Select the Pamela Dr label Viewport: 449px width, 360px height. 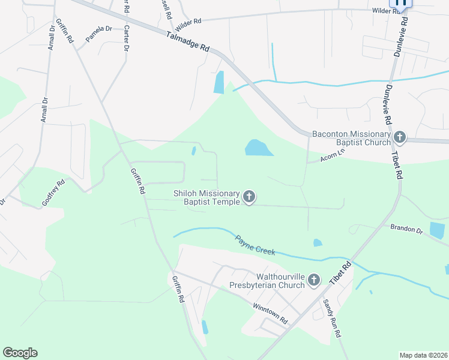coord(98,33)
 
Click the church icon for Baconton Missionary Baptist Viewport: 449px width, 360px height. coord(400,137)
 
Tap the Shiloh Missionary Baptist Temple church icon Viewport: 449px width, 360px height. coord(249,197)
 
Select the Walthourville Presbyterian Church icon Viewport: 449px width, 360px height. coord(315,280)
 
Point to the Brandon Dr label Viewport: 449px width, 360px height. coord(406,229)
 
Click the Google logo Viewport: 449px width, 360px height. coord(20,353)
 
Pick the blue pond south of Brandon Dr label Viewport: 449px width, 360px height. coord(438,230)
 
